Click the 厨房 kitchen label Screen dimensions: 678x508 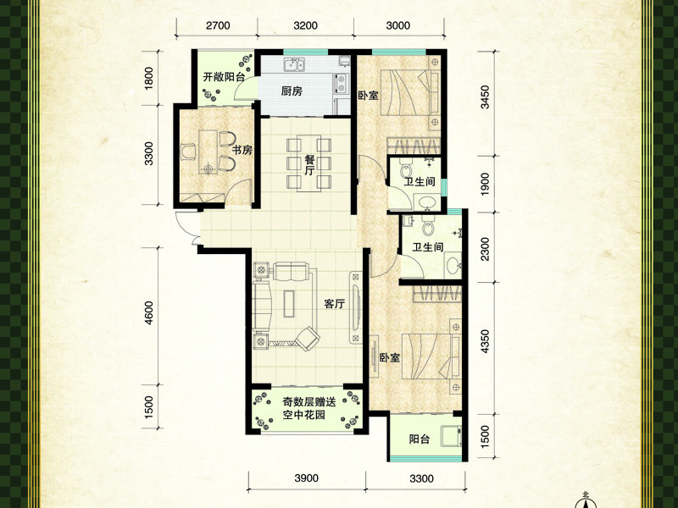tap(292, 91)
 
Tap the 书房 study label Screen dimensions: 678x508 tap(242, 151)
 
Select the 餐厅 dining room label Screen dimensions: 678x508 tap(309, 165)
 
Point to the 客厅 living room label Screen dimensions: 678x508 tap(335, 304)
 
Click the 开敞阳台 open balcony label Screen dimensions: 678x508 tap(224, 77)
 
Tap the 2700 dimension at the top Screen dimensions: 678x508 tap(218, 25)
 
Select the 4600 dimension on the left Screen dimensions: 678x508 tap(148, 312)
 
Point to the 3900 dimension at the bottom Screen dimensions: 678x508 tap(306, 478)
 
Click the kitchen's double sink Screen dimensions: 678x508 tap(294, 65)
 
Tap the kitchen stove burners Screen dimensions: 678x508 tap(342, 84)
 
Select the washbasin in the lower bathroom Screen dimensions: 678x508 tap(453, 265)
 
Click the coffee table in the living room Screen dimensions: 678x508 tap(289, 304)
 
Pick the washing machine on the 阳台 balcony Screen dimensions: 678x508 tap(451, 436)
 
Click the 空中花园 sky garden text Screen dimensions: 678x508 tap(303, 415)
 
